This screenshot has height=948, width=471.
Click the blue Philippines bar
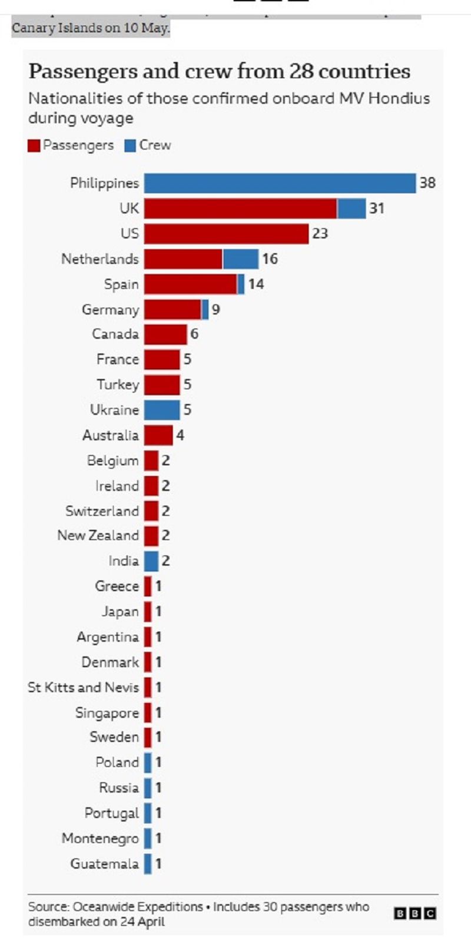(x=280, y=183)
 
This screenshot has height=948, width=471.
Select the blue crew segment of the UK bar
(x=351, y=208)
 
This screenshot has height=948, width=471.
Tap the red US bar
(x=227, y=234)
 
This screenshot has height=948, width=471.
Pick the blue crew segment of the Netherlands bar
(x=240, y=259)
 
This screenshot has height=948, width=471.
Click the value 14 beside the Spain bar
(x=256, y=284)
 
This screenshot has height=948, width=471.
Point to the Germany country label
(x=111, y=310)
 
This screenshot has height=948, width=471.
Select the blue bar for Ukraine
(x=162, y=410)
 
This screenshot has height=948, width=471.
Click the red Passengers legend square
(x=34, y=146)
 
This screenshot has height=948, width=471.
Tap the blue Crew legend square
(x=130, y=146)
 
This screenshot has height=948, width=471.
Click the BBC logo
(x=415, y=914)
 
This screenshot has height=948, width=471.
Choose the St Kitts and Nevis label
(x=84, y=687)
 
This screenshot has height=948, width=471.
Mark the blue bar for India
(x=151, y=561)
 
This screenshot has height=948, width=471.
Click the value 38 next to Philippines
(x=427, y=183)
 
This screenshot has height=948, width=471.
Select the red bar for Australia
(x=158, y=436)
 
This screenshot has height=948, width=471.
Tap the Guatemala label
(x=105, y=864)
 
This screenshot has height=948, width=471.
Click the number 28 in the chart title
(x=301, y=71)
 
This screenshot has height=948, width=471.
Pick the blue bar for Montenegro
(x=148, y=838)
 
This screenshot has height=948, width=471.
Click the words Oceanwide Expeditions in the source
(x=138, y=907)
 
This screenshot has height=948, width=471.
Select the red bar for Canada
(x=165, y=334)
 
